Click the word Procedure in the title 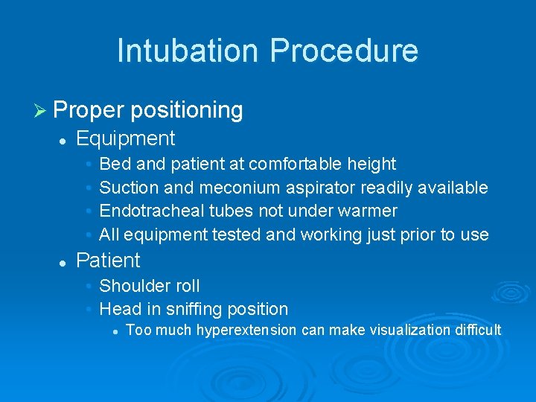[344, 51]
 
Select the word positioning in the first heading [187, 111]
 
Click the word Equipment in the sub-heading [125, 138]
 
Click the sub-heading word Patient [108, 261]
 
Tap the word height [371, 164]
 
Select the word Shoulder [129, 286]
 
